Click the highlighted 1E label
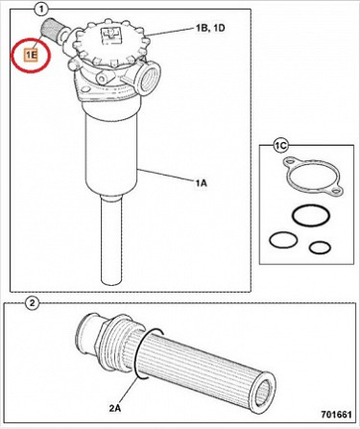click(32, 56)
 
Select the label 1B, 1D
click(210, 28)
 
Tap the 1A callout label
click(202, 183)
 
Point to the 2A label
click(115, 408)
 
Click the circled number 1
click(40, 10)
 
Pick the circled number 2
click(32, 303)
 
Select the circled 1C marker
click(280, 146)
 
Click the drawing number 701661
click(336, 415)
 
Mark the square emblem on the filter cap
click(110, 35)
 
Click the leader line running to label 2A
click(129, 391)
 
